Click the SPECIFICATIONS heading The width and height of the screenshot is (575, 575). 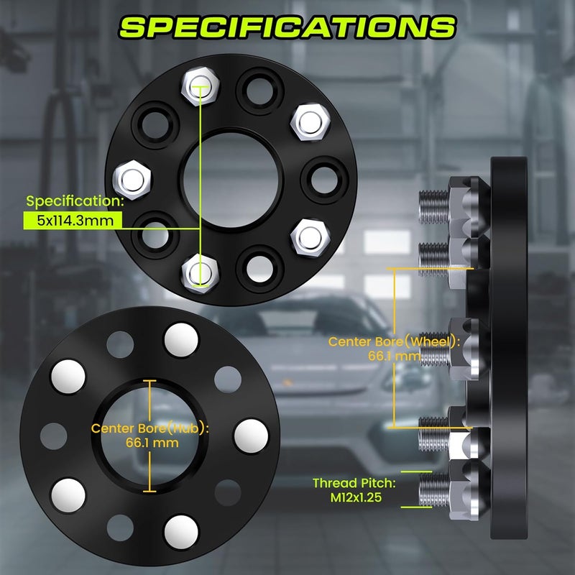287,27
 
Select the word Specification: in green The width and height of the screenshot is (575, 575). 75,201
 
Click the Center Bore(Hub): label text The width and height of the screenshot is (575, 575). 149,428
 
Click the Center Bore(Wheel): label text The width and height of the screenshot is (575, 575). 394,342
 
